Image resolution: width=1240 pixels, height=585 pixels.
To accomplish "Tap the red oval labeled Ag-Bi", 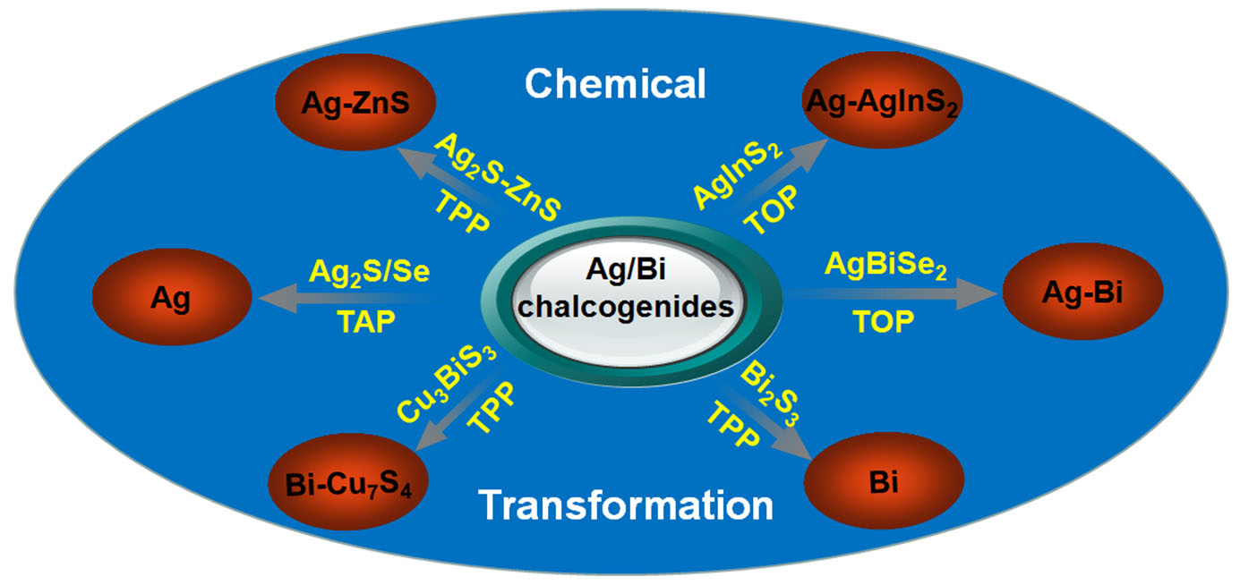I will click(x=1082, y=292).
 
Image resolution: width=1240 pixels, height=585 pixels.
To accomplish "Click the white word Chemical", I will click(x=616, y=84).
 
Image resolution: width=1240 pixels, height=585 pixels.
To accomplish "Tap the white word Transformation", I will click(x=626, y=505).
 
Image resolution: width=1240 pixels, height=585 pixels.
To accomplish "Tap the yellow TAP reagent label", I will click(x=366, y=321).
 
